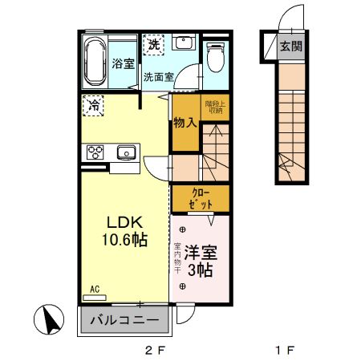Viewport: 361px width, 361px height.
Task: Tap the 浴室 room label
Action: click(x=123, y=63)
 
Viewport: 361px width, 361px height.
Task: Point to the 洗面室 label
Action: click(x=158, y=78)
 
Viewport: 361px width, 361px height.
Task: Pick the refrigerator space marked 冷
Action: click(x=94, y=104)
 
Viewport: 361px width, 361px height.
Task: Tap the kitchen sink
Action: click(x=126, y=152)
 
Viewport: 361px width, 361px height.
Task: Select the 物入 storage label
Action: click(x=185, y=123)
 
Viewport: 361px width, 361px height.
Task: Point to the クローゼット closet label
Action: click(x=201, y=198)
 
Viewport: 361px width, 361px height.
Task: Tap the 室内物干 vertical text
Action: click(x=177, y=260)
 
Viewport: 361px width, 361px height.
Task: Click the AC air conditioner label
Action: click(x=94, y=288)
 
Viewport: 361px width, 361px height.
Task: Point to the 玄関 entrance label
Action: click(x=291, y=47)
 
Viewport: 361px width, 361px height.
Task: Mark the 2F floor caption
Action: click(x=154, y=351)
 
